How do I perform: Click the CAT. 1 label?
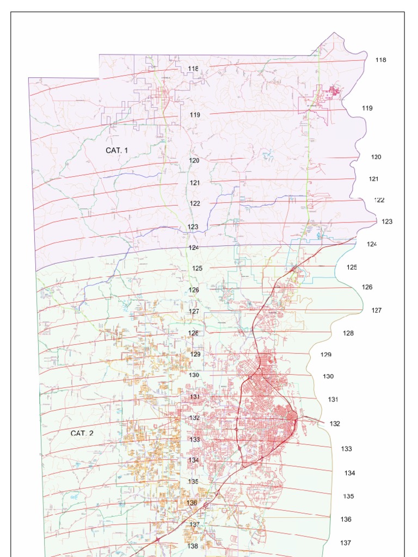(x=117, y=150)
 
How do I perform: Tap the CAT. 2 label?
(x=82, y=434)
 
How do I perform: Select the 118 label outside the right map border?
(x=380, y=60)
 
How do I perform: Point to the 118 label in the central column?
(x=193, y=69)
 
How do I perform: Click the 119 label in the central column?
(x=195, y=115)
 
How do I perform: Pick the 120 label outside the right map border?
(x=376, y=157)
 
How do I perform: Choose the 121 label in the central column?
(x=195, y=183)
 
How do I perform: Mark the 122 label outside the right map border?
(x=379, y=200)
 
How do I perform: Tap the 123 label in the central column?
(x=193, y=227)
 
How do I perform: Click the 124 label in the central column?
(x=194, y=247)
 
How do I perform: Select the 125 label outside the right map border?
(x=352, y=267)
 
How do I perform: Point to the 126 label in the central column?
(x=194, y=290)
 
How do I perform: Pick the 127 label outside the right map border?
(x=377, y=311)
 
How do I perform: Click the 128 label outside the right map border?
(x=348, y=333)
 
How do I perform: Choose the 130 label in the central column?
(x=194, y=375)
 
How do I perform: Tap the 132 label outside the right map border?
(x=335, y=424)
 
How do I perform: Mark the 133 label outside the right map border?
(x=347, y=449)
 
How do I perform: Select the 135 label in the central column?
(x=193, y=482)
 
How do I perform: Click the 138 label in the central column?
(x=193, y=546)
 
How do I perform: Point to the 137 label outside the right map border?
(x=346, y=543)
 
